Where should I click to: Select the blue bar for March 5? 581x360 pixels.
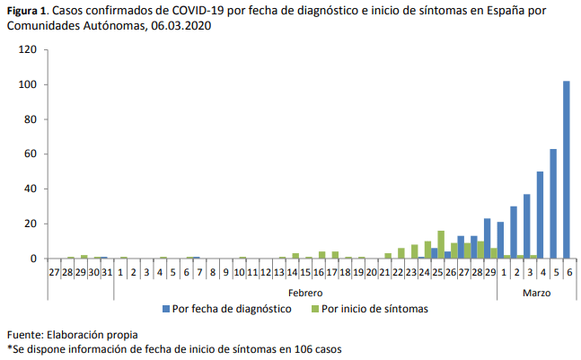[x=553, y=204]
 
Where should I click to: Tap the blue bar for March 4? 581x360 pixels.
[x=540, y=215]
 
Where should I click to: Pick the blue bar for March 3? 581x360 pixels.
[x=527, y=226]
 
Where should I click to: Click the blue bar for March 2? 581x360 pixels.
[x=514, y=233]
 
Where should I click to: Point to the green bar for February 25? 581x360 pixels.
[x=441, y=244]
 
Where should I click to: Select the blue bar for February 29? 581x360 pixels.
[x=488, y=239]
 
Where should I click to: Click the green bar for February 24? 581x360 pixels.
[x=427, y=250]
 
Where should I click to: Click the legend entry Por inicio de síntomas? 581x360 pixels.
[x=367, y=309]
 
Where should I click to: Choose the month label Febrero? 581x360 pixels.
[x=305, y=293]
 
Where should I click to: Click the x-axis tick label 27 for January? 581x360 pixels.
[x=56, y=270]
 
